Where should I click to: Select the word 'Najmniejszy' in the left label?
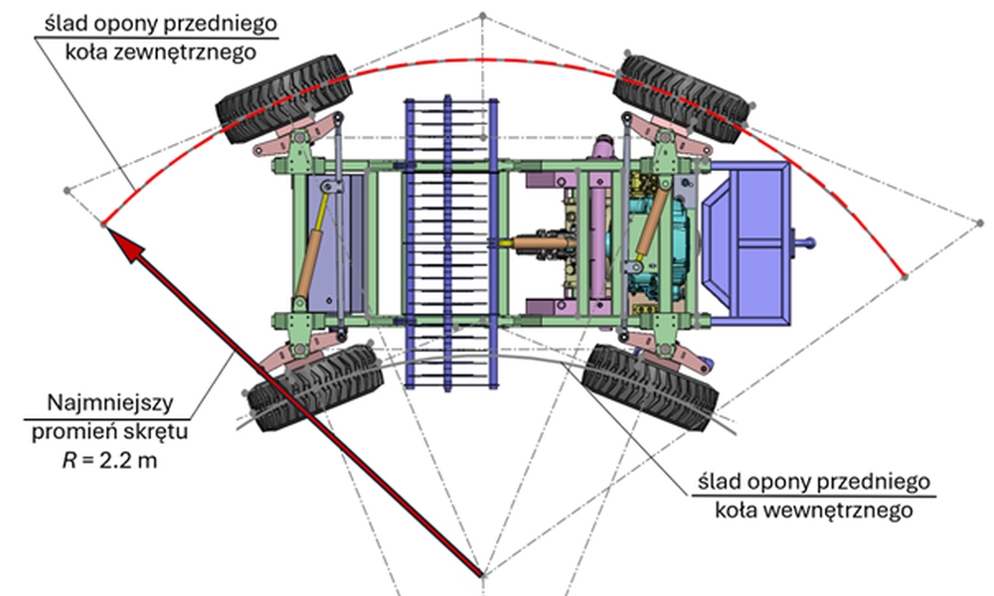(x=111, y=404)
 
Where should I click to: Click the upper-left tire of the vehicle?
(x=284, y=98)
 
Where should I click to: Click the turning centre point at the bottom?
(x=484, y=572)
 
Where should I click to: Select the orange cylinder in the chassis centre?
(x=543, y=241)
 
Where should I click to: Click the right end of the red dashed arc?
(x=903, y=275)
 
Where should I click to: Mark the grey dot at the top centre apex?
(x=483, y=16)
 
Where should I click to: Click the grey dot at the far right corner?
(x=975, y=221)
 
